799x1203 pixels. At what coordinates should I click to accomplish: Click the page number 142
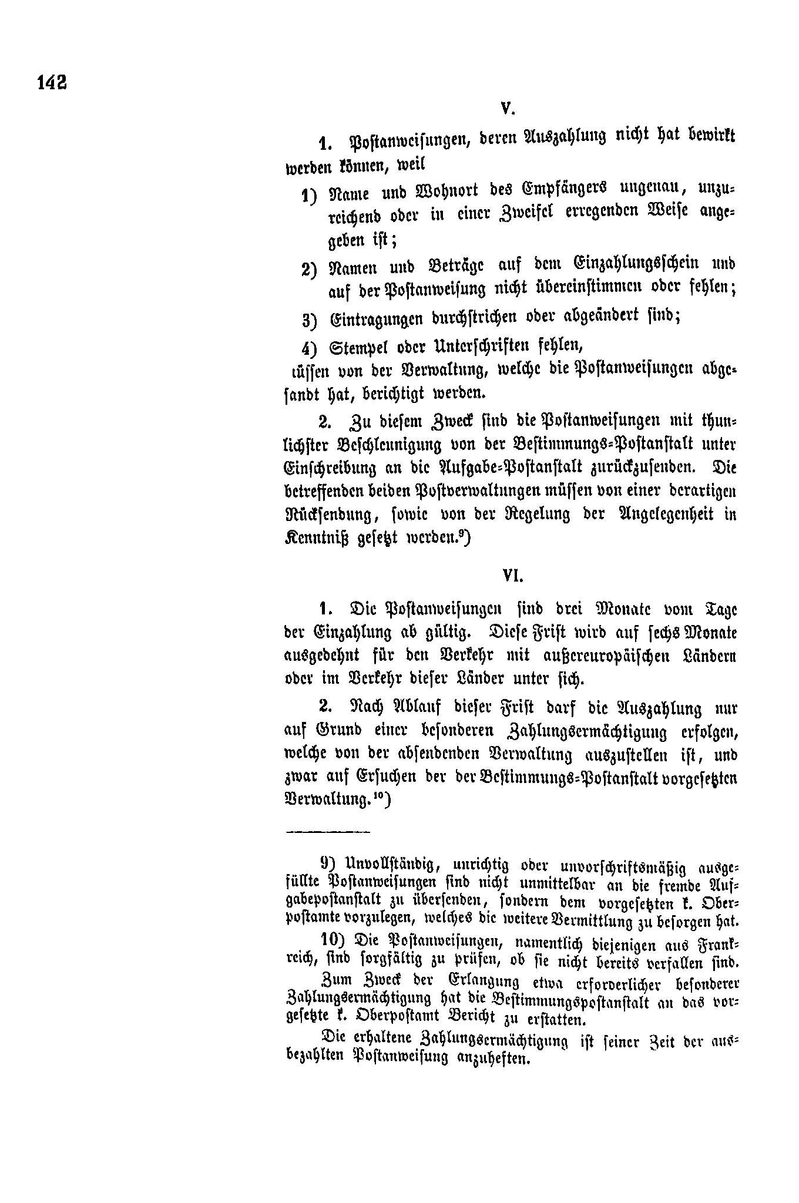point(52,82)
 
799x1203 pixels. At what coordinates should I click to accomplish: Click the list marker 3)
point(309,320)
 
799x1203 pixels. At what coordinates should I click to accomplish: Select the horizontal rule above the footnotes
point(327,832)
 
